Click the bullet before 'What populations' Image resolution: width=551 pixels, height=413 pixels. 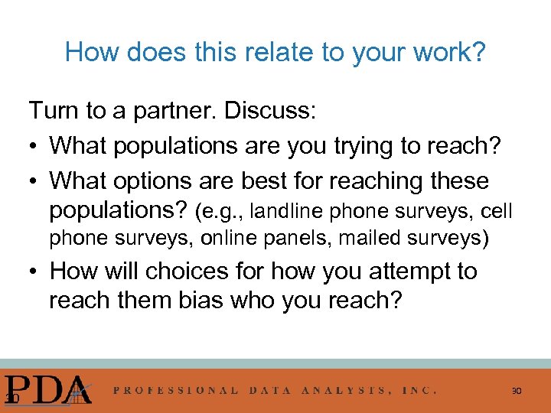coord(34,146)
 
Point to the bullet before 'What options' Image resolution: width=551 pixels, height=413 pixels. coord(34,181)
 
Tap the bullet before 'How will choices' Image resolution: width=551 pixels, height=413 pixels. coord(34,272)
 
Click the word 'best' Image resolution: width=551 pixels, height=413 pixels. coord(269,181)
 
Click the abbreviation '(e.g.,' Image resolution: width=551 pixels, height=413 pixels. coord(220,210)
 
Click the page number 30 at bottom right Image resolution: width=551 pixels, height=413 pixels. coord(517,392)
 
